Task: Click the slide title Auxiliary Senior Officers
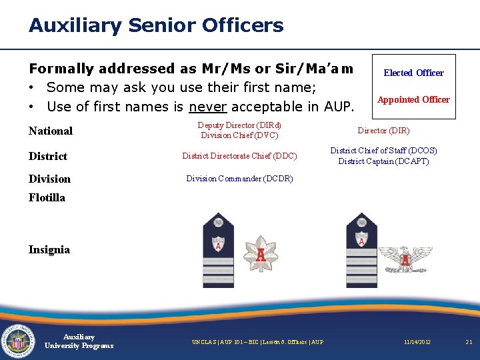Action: [x=156, y=26]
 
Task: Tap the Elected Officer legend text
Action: [x=413, y=73]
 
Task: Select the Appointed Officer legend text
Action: [x=413, y=99]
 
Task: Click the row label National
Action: [x=51, y=131]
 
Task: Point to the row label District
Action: [x=48, y=156]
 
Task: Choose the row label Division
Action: [x=49, y=179]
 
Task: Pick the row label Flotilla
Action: [x=47, y=197]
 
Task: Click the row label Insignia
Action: [x=49, y=249]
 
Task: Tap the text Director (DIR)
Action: [x=383, y=131]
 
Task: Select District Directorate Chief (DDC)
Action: [x=239, y=156]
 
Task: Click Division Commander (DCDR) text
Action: [x=239, y=179]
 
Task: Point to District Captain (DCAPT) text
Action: [x=383, y=161]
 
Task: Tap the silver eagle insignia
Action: [x=405, y=257]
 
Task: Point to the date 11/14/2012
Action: [x=417, y=342]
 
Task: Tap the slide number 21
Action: [x=469, y=342]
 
